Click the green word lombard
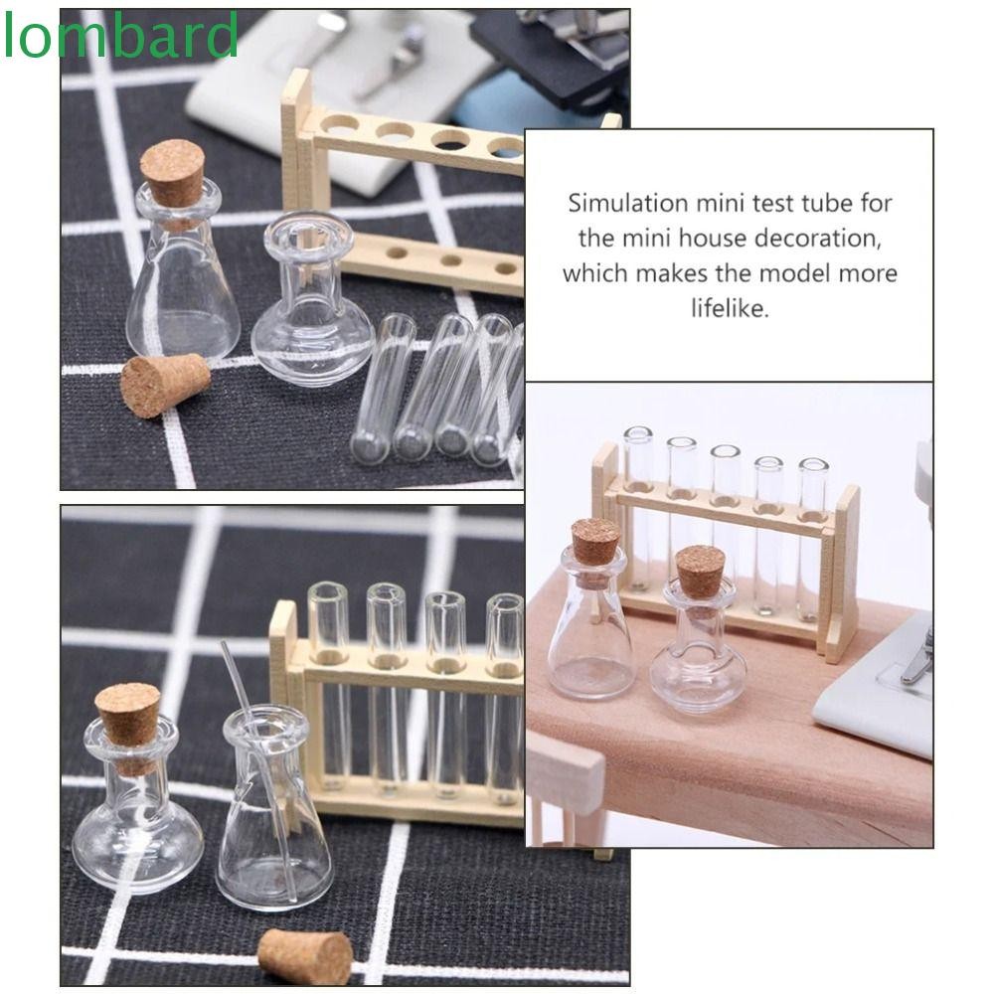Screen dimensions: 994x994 120,36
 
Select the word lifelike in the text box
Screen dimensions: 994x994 731,308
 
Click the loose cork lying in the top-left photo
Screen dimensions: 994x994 164,386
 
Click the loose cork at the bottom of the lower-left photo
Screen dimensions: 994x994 305,956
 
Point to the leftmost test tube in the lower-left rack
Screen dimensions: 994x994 328,686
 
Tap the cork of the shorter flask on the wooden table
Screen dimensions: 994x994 700,571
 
